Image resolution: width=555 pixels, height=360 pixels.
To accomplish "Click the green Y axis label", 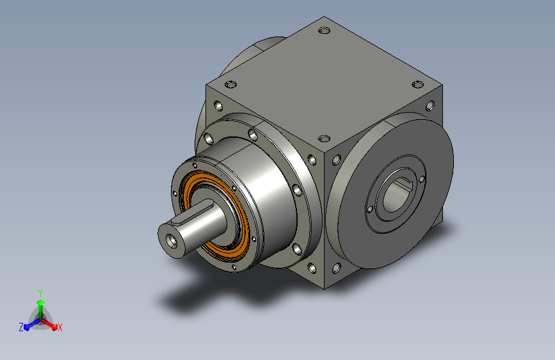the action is pos(40,293).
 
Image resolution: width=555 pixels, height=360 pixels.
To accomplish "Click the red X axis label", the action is pos(60,328).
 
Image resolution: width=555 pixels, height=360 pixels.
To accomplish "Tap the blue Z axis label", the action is pos(21,327).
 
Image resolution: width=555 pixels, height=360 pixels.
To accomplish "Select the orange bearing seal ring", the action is pos(216,213).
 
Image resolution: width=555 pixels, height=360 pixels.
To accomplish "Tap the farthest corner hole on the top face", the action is pos(324,31).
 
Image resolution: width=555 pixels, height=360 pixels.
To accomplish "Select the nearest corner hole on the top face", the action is pos(324,138).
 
